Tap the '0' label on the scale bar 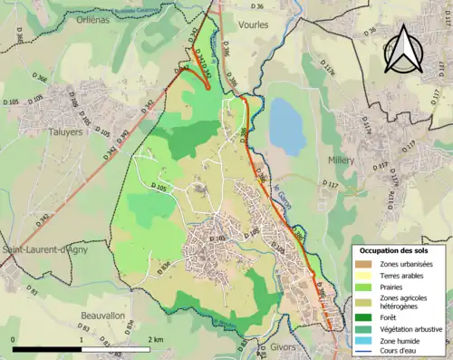(x=14, y=340)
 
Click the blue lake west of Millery (x=287, y=127)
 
